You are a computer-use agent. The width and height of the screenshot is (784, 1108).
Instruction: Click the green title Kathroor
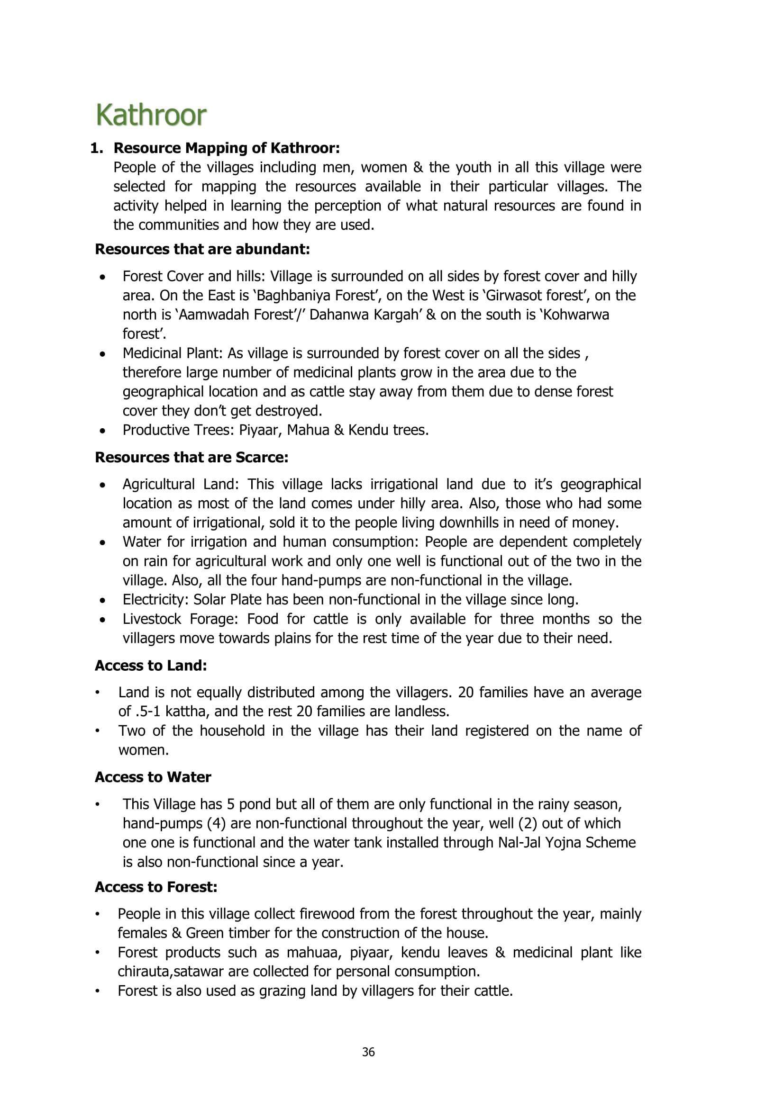click(x=151, y=115)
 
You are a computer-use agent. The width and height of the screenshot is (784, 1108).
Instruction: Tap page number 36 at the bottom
click(x=368, y=1052)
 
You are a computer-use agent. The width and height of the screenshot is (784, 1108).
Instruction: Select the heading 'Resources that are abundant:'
click(x=202, y=250)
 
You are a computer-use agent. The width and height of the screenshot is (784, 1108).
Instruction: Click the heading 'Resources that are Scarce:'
click(x=191, y=458)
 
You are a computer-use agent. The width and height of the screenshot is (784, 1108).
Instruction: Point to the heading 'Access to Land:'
click(x=151, y=666)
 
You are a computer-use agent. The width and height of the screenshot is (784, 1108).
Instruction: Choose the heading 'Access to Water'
click(x=153, y=777)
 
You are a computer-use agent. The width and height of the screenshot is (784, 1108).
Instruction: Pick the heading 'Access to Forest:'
click(x=156, y=887)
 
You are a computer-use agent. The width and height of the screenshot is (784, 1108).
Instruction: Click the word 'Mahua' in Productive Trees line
click(x=307, y=430)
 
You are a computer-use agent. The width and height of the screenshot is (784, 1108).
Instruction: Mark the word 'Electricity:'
click(x=155, y=600)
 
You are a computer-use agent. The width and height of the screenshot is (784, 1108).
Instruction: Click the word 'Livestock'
click(x=152, y=619)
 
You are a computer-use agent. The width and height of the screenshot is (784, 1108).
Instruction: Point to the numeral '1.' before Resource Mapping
click(x=97, y=148)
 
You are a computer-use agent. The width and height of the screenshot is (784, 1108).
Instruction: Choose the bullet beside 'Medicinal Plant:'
click(x=102, y=354)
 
